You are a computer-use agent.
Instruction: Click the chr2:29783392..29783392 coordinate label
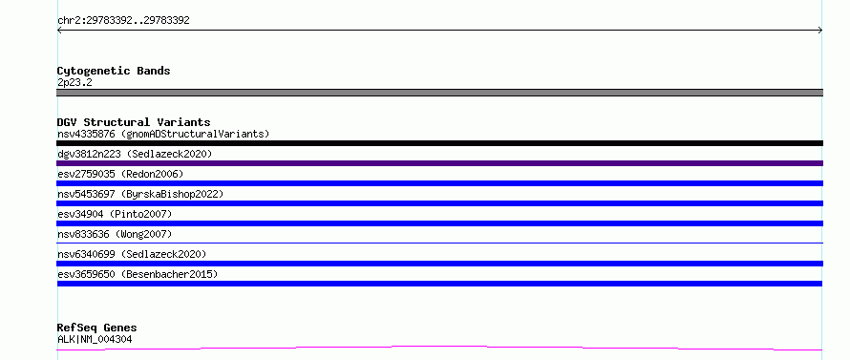click(x=123, y=21)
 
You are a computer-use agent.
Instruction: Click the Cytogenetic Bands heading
click(x=114, y=71)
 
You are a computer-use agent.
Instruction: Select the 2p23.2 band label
click(x=74, y=82)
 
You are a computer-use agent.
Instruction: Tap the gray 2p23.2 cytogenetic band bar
click(x=439, y=93)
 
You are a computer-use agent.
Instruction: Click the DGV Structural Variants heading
click(x=134, y=122)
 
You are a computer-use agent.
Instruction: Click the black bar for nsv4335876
click(x=439, y=143)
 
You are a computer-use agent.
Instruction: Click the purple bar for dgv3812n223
click(x=439, y=163)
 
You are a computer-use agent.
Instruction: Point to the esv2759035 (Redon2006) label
click(x=120, y=174)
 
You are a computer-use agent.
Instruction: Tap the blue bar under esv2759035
click(x=439, y=183)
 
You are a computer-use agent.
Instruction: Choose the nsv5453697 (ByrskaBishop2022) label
click(x=140, y=194)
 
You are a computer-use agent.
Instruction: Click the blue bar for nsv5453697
click(x=439, y=203)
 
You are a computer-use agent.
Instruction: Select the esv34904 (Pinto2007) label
click(x=115, y=214)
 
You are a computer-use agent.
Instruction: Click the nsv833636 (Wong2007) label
click(x=115, y=234)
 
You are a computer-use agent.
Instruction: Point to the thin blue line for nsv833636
click(x=439, y=243)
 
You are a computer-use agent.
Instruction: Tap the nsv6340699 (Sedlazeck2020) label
click(x=132, y=254)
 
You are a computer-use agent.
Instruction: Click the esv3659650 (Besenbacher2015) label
click(x=138, y=274)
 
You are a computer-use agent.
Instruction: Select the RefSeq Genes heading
click(x=97, y=328)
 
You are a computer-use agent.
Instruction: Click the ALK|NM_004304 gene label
click(x=95, y=339)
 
